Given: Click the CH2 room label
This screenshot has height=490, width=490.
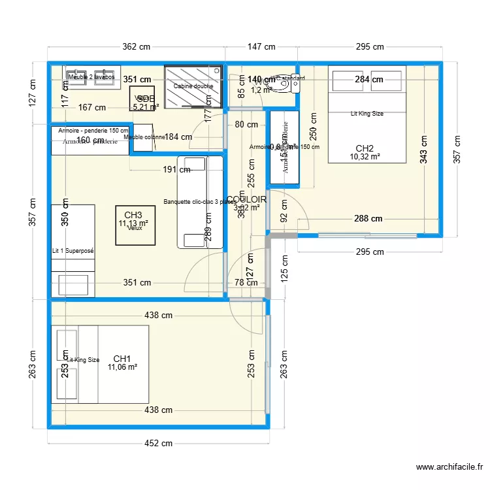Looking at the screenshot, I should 365,148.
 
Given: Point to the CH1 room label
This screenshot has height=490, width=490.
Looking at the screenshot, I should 122,359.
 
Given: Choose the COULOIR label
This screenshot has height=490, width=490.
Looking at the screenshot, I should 246,199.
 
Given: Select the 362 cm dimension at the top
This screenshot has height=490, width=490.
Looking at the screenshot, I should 137,47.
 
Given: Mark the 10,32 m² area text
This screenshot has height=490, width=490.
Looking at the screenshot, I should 365,157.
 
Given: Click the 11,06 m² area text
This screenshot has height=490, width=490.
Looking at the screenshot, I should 122,367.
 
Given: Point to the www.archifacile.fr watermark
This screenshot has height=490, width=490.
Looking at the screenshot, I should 450,467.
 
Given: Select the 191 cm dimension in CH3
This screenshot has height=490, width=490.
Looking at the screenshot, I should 176,170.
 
